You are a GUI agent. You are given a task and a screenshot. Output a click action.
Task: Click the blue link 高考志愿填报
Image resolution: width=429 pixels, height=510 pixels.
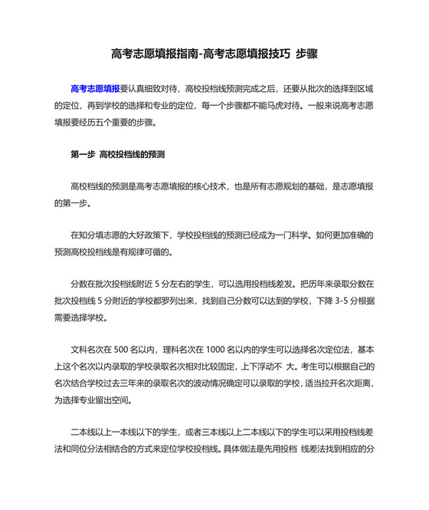(x=95, y=88)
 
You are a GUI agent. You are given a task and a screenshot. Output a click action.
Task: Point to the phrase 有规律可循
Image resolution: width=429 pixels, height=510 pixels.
(x=152, y=252)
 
